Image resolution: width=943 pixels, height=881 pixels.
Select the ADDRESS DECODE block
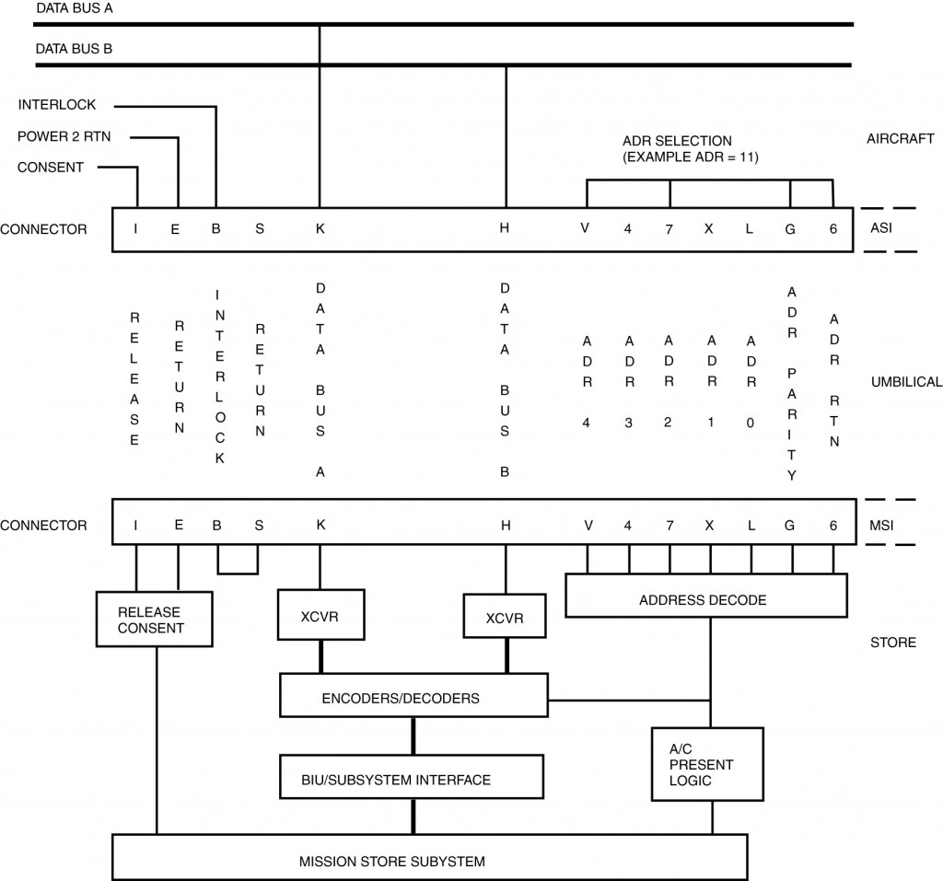click(704, 599)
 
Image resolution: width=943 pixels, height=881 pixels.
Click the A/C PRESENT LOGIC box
click(707, 764)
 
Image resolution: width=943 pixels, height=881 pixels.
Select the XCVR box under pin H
click(505, 619)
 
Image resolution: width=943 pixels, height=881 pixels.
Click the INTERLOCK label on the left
click(57, 105)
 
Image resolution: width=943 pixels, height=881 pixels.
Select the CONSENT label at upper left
click(51, 167)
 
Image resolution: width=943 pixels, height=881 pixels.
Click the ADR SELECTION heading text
click(677, 141)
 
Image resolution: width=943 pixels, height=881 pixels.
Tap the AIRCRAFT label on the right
click(901, 138)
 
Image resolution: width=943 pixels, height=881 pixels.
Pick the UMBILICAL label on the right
click(906, 381)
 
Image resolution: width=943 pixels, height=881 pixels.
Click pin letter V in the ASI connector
click(585, 229)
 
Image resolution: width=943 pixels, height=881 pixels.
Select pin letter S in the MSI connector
click(259, 525)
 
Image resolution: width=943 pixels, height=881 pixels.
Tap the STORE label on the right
click(893, 642)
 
